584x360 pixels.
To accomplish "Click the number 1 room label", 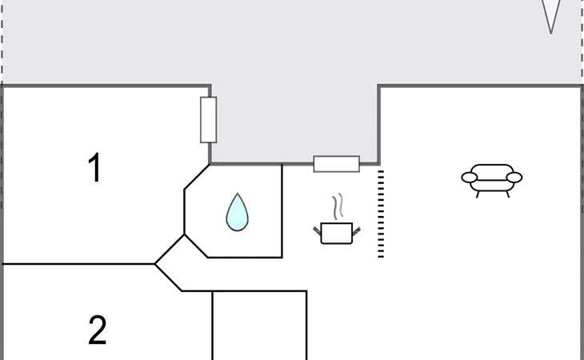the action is point(95,167).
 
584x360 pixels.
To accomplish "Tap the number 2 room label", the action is point(98,330).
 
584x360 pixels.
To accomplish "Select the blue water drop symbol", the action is point(238,212).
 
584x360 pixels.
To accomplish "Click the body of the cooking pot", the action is point(337,234).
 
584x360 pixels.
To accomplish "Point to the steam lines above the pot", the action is point(338,206).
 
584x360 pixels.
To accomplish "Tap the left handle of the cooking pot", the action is point(317,231).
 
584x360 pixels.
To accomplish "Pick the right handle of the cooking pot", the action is point(357,231).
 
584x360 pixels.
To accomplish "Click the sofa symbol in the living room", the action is point(492,181).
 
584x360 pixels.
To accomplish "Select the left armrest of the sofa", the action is point(470,178).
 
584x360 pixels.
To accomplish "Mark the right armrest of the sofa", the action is point(514,178).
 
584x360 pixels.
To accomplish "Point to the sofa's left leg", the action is point(478,194).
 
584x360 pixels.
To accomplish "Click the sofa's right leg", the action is point(508,194).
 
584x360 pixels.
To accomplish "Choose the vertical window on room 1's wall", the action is point(209,120).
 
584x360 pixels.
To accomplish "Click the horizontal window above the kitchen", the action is point(337,164).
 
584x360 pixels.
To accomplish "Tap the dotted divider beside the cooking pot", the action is point(381,214).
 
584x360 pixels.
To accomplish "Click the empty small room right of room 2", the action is point(259,326).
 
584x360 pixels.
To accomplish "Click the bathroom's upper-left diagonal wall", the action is point(197,177).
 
